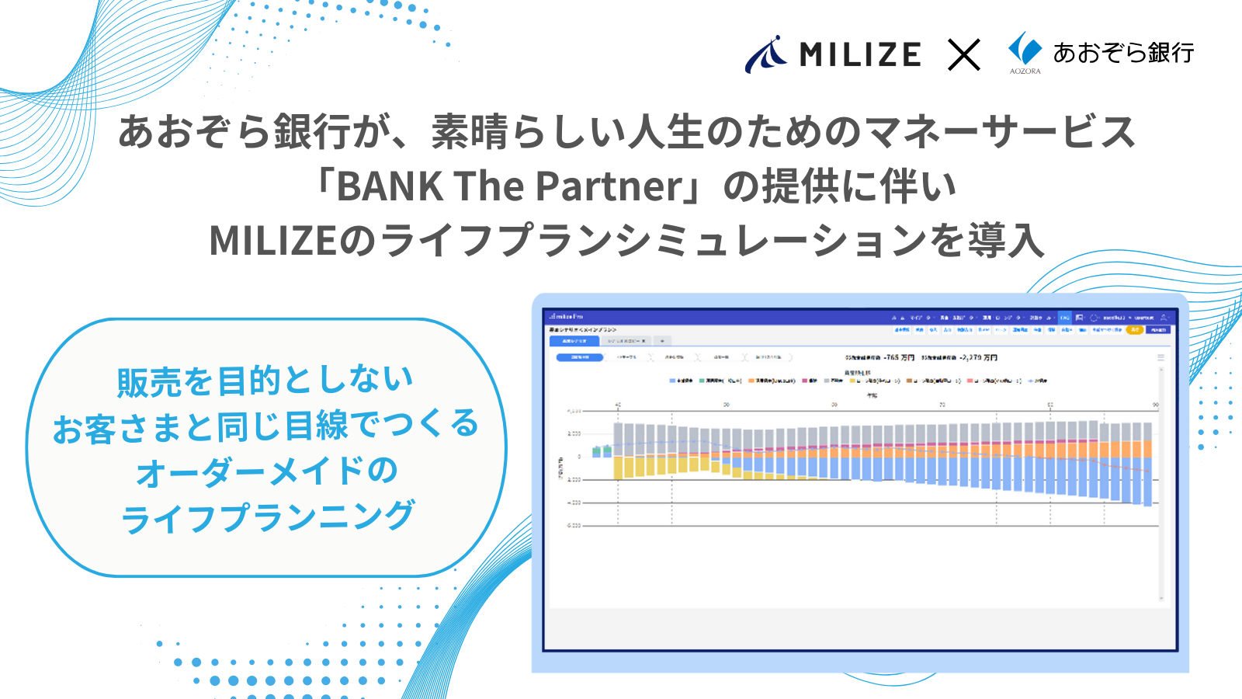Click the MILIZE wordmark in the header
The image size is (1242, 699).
click(860, 54)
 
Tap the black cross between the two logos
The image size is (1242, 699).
click(963, 55)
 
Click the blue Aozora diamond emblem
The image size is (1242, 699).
click(1024, 49)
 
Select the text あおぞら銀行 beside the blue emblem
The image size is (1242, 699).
click(1123, 53)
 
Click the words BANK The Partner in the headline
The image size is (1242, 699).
click(509, 186)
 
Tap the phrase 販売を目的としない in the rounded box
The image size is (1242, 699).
click(265, 381)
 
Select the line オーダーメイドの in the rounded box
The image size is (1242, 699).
click(266, 471)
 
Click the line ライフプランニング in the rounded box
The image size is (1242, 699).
click(268, 517)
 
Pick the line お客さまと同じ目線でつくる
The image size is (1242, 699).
click(265, 426)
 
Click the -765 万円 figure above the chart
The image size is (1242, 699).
click(899, 358)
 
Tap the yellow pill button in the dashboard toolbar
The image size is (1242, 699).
click(1135, 330)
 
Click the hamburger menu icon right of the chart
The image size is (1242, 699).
click(1161, 358)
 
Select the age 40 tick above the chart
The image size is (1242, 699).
click(618, 405)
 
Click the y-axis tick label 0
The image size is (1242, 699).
click(579, 457)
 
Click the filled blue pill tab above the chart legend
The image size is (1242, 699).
click(580, 357)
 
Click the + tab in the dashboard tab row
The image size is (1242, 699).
click(662, 341)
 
